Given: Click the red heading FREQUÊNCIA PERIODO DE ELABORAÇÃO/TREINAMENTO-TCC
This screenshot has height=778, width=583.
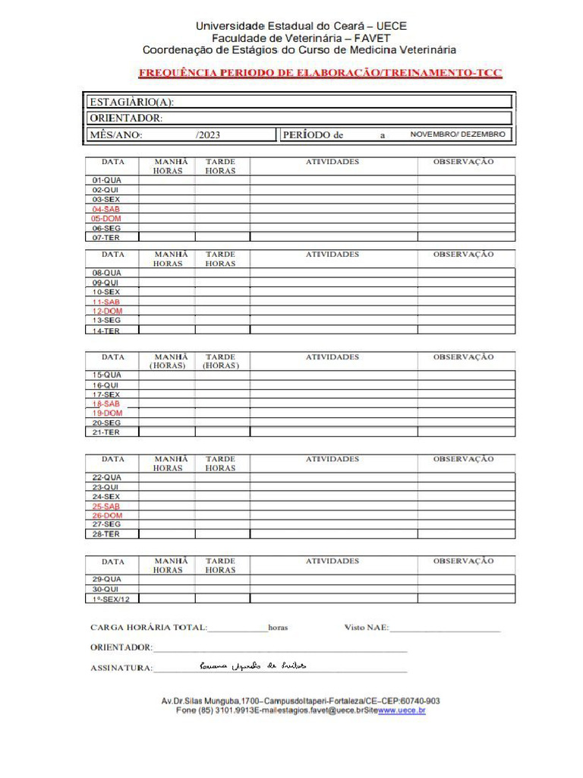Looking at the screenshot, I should click(320, 74).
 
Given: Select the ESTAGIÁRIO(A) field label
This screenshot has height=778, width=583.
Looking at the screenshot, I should click(132, 103).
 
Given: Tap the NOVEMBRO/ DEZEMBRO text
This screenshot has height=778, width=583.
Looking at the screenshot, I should click(458, 134).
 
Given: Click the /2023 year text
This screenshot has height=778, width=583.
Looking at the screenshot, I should click(208, 135).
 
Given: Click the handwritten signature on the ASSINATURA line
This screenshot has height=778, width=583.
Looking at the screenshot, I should click(253, 666).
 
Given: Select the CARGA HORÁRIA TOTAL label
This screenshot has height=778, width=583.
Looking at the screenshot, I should click(148, 628).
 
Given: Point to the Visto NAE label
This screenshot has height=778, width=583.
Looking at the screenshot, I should click(367, 628).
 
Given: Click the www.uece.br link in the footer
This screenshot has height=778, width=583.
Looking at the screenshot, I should click(402, 711).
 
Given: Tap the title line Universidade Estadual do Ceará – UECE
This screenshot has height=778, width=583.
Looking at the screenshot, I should click(301, 26).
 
